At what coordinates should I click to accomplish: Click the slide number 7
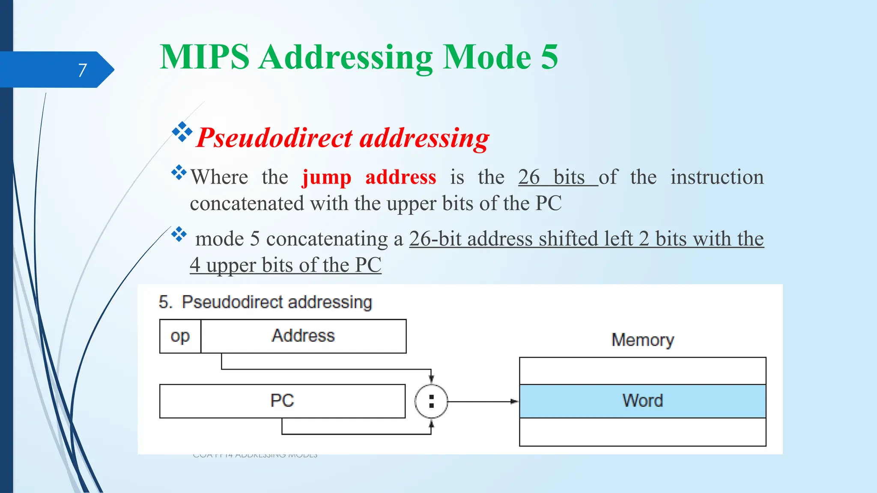[82, 70]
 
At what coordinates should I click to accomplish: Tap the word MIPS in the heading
[204, 57]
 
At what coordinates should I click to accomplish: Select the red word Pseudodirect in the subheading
[274, 138]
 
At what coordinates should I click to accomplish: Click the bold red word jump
[327, 177]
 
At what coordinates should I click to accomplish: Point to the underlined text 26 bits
[552, 177]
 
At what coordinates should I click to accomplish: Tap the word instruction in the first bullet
[717, 177]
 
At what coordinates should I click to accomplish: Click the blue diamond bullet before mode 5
[179, 234]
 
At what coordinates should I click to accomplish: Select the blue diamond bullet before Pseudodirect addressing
[182, 131]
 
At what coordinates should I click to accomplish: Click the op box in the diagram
[180, 336]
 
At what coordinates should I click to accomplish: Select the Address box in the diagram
[303, 336]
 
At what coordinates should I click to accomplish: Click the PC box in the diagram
[282, 401]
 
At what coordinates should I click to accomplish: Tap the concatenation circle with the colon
[431, 401]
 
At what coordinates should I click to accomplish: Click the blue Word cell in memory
[642, 401]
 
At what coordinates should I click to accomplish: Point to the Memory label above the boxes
[642, 340]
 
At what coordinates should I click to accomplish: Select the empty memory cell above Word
[642, 371]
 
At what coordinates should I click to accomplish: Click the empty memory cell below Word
[642, 432]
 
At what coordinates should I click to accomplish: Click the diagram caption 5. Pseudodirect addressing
[265, 302]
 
